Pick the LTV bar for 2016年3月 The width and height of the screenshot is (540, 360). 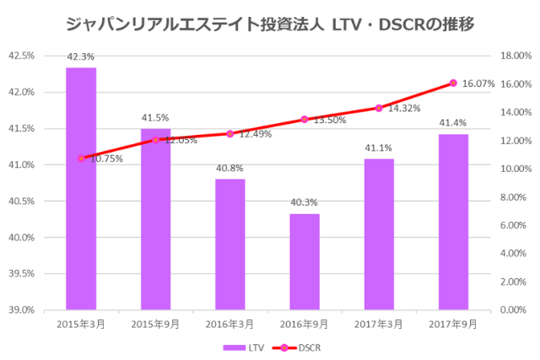pyautogui.click(x=229, y=244)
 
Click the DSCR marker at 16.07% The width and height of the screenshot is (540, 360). pyautogui.click(x=453, y=83)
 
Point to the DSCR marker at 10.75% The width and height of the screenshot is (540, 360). pyautogui.click(x=81, y=158)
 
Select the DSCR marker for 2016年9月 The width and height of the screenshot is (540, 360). pyautogui.click(x=305, y=119)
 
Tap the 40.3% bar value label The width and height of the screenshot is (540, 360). pyautogui.click(x=305, y=203)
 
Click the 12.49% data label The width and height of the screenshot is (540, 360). pyautogui.click(x=254, y=134)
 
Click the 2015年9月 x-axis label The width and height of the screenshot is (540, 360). pyautogui.click(x=155, y=323)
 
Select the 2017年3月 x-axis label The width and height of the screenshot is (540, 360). pyautogui.click(x=379, y=323)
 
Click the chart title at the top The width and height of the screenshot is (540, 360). pyautogui.click(x=270, y=24)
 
